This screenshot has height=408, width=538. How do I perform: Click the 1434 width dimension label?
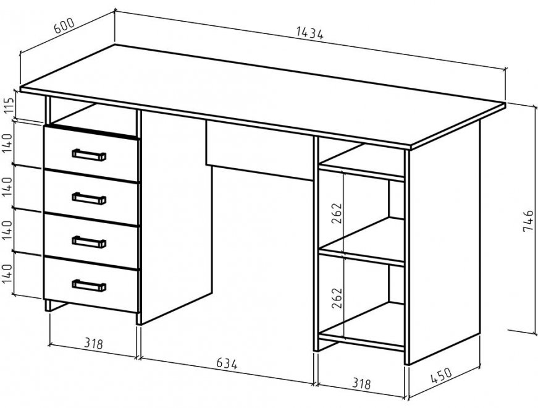coord(310,33)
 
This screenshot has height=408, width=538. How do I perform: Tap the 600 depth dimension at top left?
coord(64,25)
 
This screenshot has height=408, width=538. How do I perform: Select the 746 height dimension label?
coord(529,221)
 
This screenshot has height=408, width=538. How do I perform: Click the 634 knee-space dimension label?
coord(227,363)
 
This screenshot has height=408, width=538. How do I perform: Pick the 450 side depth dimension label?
coord(441,375)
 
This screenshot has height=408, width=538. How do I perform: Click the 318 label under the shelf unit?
coord(361,383)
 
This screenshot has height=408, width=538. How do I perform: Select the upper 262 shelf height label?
coord(337,214)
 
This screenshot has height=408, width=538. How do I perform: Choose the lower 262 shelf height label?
coord(337,298)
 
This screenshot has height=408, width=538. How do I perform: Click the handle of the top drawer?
coord(89,155)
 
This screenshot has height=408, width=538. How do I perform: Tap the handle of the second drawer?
coord(89,198)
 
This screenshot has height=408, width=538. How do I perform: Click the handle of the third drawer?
coord(89,242)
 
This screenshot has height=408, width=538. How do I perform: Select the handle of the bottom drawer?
coord(89,286)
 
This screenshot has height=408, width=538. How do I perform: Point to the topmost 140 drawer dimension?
coord(8,143)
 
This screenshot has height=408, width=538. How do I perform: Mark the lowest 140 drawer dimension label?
coord(8,274)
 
